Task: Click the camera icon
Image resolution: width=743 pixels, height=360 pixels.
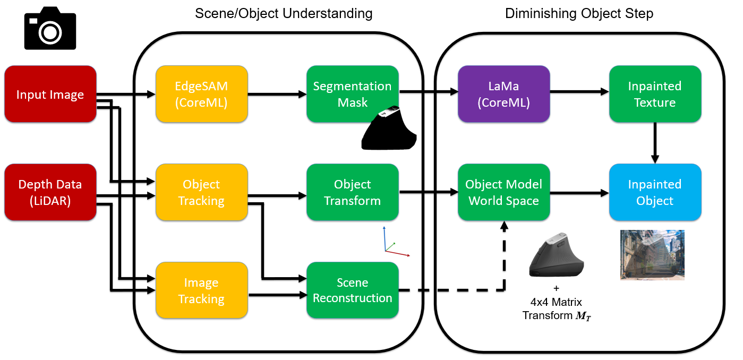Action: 50,31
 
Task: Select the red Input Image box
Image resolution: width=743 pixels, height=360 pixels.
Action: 50,95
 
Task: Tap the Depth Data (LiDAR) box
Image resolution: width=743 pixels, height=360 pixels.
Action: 50,192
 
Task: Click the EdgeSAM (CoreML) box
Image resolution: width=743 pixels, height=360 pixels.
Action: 201,95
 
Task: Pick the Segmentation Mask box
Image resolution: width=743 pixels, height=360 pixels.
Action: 352,94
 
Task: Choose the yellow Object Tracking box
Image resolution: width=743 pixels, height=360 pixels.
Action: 201,192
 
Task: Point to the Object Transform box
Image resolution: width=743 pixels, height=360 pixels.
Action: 352,192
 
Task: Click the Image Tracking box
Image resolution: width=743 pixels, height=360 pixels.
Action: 201,290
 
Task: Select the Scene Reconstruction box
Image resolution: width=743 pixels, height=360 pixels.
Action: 352,290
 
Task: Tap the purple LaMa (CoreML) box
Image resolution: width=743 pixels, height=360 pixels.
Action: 503,95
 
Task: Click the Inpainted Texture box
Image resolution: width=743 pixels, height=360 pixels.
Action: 654,95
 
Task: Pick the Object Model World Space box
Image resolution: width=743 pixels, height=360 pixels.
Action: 503,192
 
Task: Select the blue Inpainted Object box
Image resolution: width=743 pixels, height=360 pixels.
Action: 654,192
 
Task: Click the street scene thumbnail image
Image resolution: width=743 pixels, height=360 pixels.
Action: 652,255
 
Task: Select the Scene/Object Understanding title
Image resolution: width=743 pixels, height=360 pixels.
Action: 284,13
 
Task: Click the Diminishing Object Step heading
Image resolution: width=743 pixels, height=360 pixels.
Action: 579,13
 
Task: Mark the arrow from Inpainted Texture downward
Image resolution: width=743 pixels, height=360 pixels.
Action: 655,142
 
